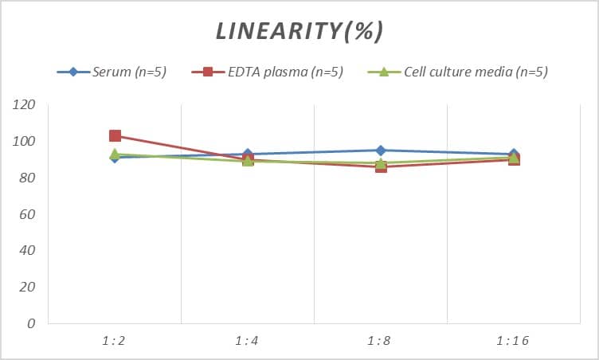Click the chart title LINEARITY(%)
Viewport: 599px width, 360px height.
point(299,31)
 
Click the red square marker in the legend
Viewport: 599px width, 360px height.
point(207,72)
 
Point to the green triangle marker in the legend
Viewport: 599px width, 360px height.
point(382,72)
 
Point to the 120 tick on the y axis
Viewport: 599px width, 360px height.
point(24,105)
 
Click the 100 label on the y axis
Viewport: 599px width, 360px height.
point(24,142)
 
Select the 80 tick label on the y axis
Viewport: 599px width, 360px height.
point(27,178)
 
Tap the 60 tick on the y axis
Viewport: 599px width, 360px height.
point(27,215)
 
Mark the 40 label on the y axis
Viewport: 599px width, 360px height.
point(27,251)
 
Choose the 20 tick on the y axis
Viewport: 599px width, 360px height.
point(27,288)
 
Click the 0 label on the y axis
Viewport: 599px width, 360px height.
point(31,324)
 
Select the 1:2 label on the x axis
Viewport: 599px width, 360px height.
point(115,341)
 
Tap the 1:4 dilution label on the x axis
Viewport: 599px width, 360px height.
point(248,341)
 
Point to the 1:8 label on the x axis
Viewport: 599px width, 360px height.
point(381,341)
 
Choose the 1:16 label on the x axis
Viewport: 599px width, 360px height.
point(514,341)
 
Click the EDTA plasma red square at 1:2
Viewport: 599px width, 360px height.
point(115,136)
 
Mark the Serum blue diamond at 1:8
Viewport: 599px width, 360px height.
point(381,151)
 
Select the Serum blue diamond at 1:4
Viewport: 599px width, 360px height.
point(248,154)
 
